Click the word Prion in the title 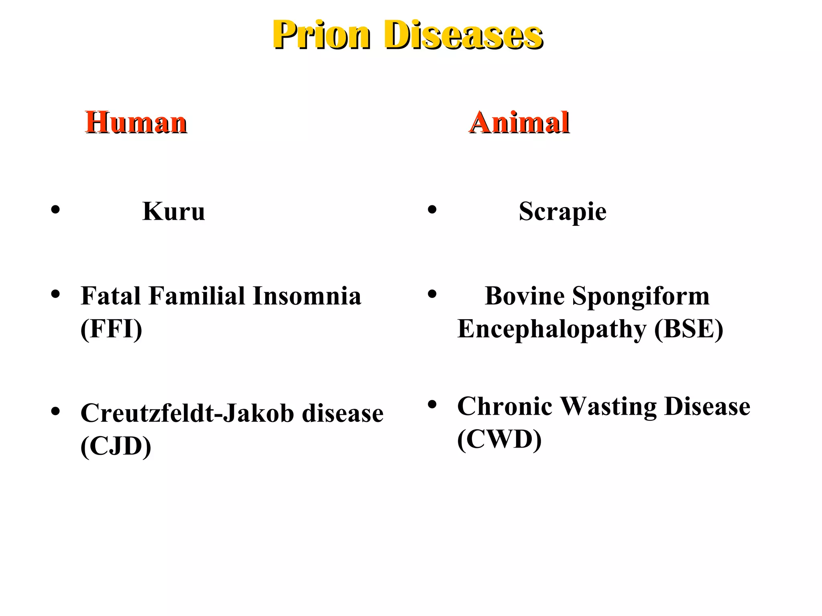pyautogui.click(x=321, y=35)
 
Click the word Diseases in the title pyautogui.click(x=464, y=35)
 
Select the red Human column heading pyautogui.click(x=136, y=122)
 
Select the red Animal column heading pyautogui.click(x=519, y=122)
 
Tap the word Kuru pyautogui.click(x=173, y=211)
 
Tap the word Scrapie pyautogui.click(x=562, y=211)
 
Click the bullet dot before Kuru pyautogui.click(x=55, y=209)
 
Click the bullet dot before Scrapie pyautogui.click(x=432, y=209)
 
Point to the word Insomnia pyautogui.click(x=307, y=296)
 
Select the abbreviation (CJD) pyautogui.click(x=116, y=446)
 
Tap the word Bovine pyautogui.click(x=525, y=296)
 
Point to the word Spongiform pyautogui.click(x=641, y=297)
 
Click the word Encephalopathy pyautogui.click(x=552, y=330)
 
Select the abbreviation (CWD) pyautogui.click(x=499, y=439)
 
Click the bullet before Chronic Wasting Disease pyautogui.click(x=432, y=404)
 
